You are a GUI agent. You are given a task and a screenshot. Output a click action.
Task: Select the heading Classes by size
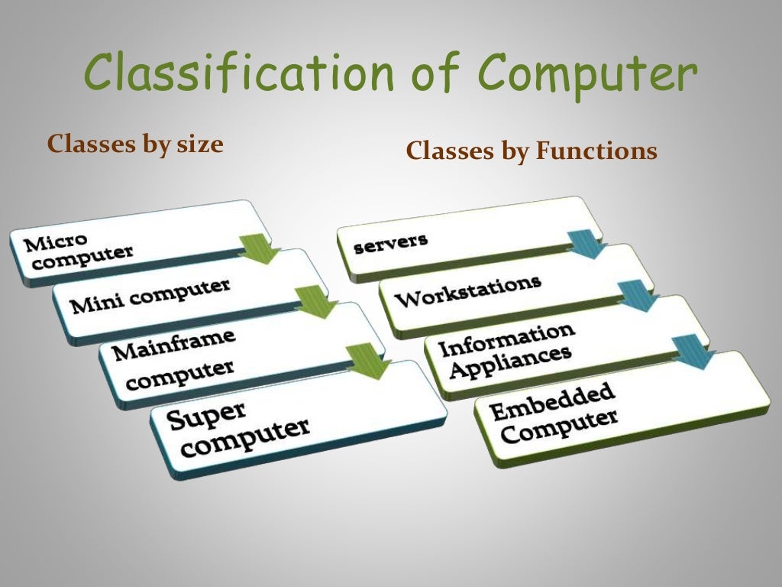[x=135, y=144]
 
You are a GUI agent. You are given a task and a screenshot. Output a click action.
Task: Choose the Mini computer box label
[x=150, y=296]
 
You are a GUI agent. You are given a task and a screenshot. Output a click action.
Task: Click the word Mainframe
[x=174, y=344]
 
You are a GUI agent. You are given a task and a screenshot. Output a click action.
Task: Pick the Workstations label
[x=467, y=290]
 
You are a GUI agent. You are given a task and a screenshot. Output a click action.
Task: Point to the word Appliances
[x=510, y=361]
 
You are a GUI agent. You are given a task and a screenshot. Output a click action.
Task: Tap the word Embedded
[x=552, y=402]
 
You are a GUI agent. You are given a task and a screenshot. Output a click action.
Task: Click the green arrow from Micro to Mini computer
[x=260, y=249]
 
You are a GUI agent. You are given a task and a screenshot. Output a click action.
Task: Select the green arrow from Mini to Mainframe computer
[x=315, y=302]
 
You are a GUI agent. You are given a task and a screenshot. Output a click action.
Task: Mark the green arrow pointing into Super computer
[x=368, y=360]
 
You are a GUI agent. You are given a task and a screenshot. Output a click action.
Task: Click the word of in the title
[x=437, y=73]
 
